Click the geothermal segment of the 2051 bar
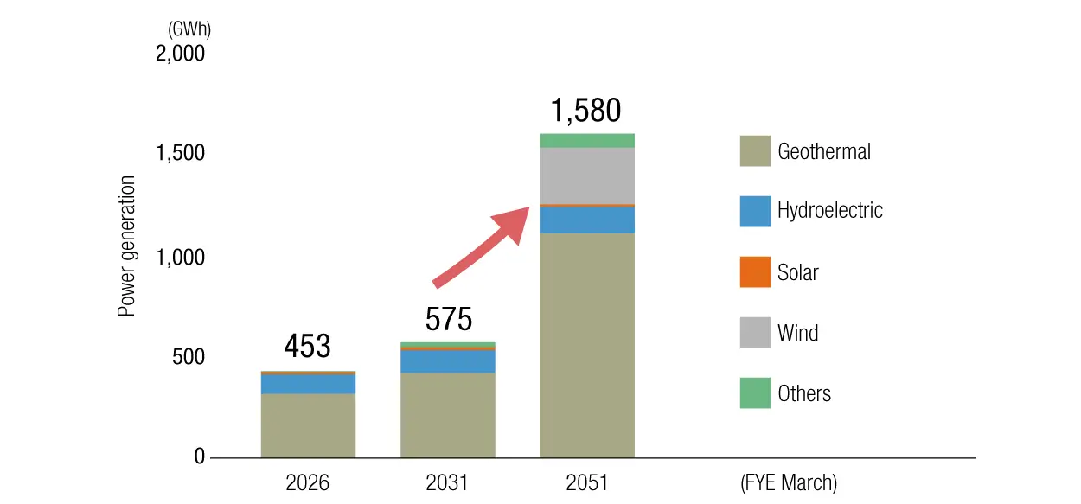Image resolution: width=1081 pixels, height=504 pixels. coord(586,345)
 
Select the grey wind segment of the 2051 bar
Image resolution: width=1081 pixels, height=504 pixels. coord(586,175)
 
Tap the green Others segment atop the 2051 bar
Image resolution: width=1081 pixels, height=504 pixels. coord(586,141)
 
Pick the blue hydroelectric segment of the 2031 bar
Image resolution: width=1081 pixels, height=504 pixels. coord(447,361)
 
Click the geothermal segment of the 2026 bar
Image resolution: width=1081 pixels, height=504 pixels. coord(308,425)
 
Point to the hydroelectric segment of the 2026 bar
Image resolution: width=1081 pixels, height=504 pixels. coord(308,384)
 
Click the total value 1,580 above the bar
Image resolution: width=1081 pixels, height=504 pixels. coord(585,112)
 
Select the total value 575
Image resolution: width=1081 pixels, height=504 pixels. coord(449,320)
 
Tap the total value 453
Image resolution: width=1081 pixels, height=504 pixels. coord(307,347)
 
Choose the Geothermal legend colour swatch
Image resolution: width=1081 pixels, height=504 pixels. coord(755,151)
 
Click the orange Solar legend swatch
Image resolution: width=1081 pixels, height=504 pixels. coord(755,272)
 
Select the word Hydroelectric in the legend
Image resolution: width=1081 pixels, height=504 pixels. coord(830,211)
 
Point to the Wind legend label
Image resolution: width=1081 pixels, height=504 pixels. coord(797,333)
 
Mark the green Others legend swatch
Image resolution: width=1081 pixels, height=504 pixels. coord(755,393)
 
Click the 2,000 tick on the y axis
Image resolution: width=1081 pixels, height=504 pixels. coord(180,54)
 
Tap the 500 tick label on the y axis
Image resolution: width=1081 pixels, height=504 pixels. coord(188,357)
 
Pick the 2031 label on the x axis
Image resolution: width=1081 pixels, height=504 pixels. coord(447,482)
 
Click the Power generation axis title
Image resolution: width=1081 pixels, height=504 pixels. coord(127,246)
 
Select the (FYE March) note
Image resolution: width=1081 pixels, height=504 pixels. coord(789,482)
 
